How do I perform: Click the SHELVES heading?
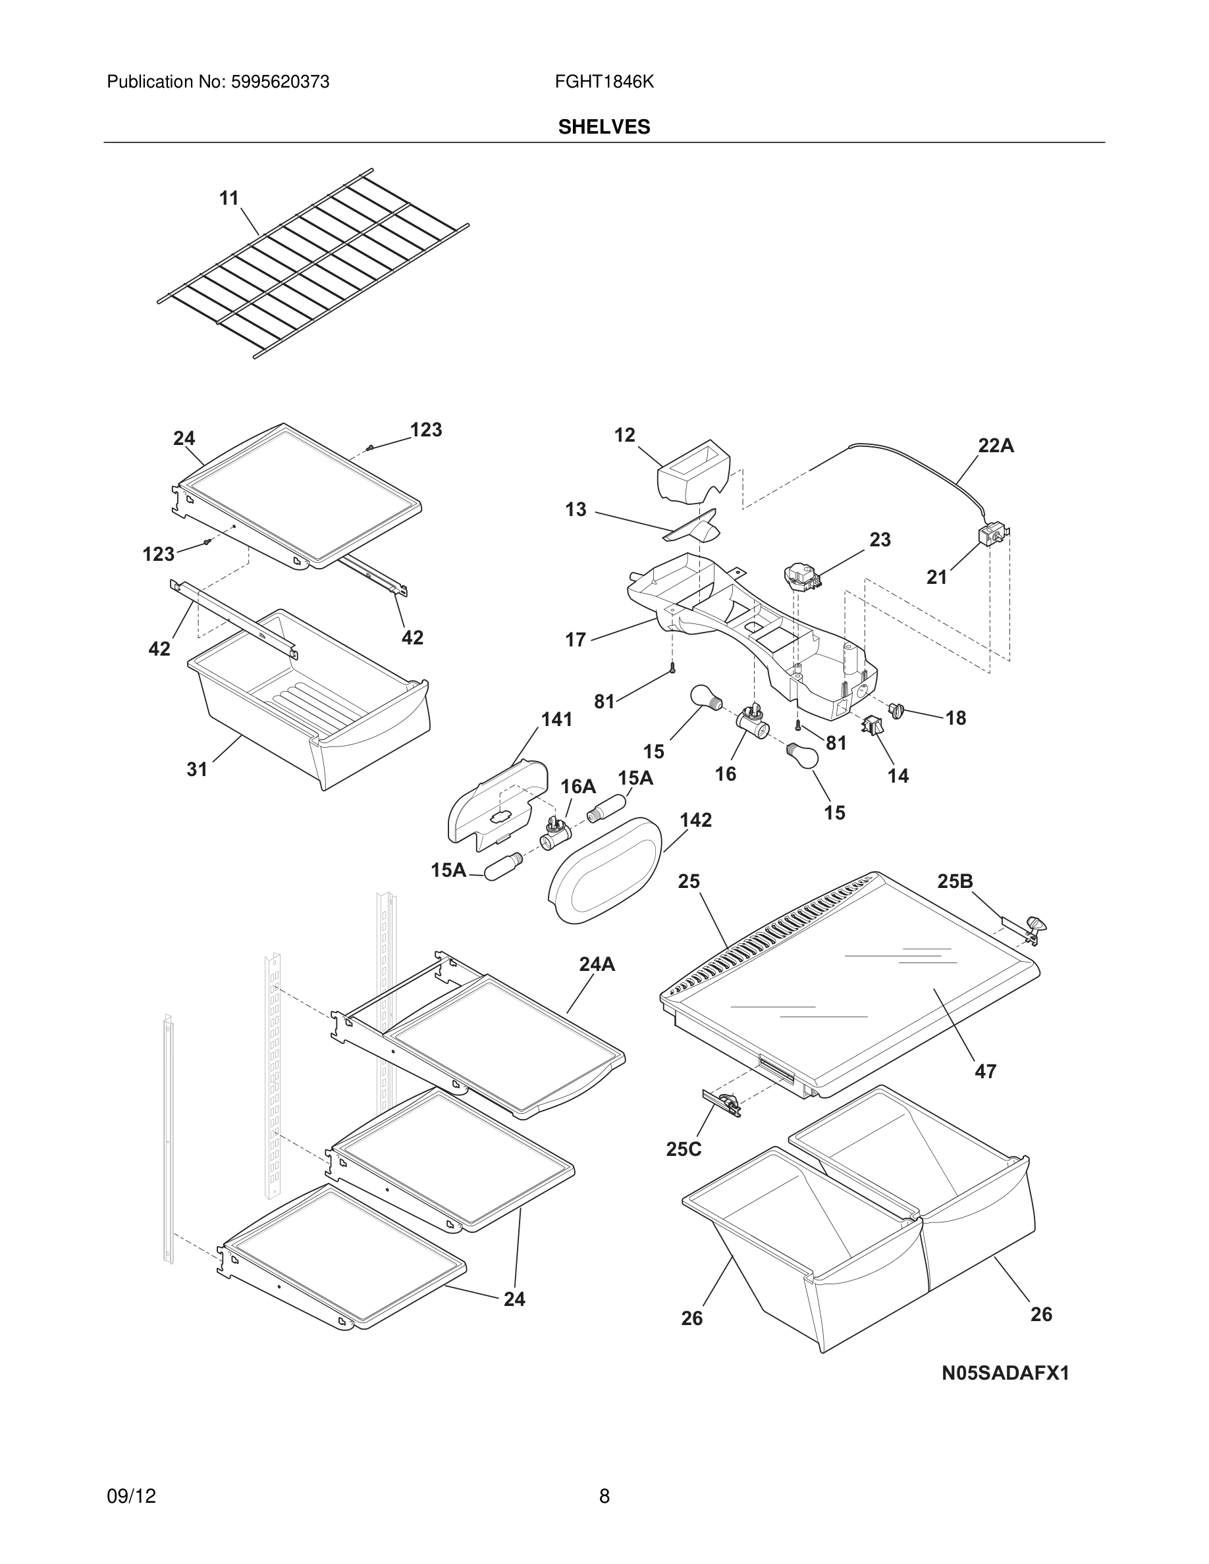click(604, 127)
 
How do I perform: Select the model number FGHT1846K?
click(604, 82)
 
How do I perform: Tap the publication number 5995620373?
click(279, 82)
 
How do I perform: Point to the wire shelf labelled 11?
click(313, 265)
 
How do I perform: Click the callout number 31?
click(197, 769)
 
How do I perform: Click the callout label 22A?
click(996, 446)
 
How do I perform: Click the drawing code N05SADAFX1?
click(1005, 1373)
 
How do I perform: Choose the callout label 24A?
click(597, 964)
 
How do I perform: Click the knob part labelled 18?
click(896, 710)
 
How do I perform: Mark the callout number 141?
click(556, 719)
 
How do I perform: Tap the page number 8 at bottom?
click(604, 1496)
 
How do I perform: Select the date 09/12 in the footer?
click(131, 1496)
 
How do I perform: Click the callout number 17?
click(575, 640)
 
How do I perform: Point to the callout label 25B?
click(955, 881)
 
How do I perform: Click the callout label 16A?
click(578, 787)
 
